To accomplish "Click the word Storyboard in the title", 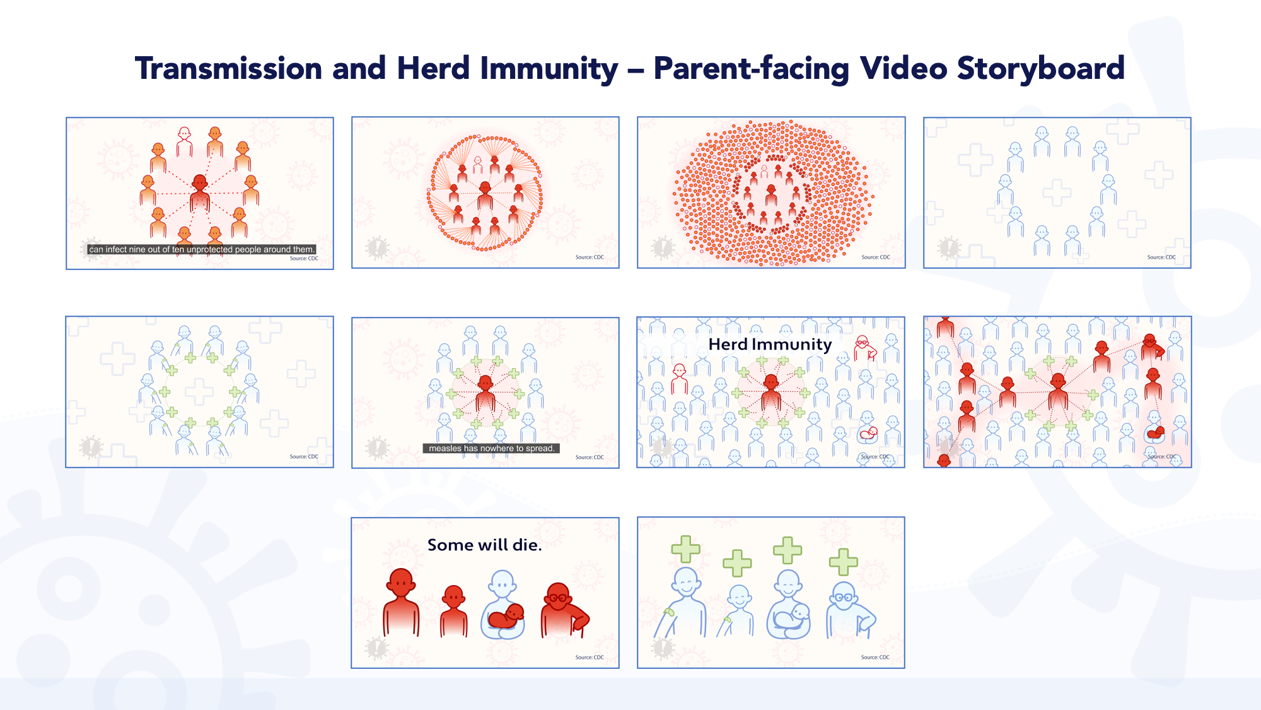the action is coord(1040,69).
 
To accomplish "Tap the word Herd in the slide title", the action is coord(433,68).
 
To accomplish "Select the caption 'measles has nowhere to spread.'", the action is coord(491,449).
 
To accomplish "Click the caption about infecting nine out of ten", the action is coord(202,249).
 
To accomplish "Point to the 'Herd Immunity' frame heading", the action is coord(770,345).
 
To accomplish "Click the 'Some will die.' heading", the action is coord(484,545).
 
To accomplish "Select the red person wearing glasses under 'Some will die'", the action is coord(564,610).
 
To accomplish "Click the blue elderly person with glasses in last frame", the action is coord(849,610).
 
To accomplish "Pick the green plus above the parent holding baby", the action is coord(787,550).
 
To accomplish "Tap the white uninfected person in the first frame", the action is coord(184,142).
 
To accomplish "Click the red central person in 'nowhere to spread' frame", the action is coord(485,393).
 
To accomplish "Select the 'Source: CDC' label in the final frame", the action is coord(875,657).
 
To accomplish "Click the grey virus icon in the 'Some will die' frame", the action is coord(376,648).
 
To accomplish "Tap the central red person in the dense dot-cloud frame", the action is coord(771,195).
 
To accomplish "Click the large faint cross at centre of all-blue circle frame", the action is coord(1057,192).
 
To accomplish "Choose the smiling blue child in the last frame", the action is coord(738,610).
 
